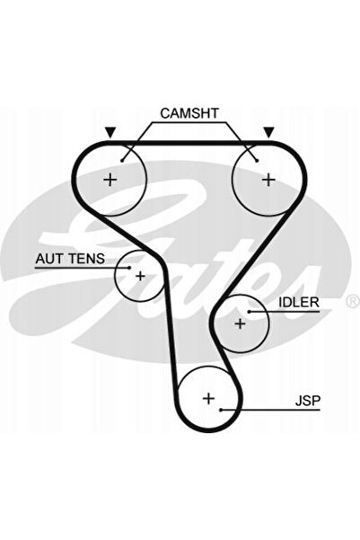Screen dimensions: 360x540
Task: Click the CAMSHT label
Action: pyautogui.click(x=189, y=113)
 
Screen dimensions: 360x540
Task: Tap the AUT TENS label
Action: pyautogui.click(x=70, y=258)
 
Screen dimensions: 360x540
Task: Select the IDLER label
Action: pyautogui.click(x=299, y=302)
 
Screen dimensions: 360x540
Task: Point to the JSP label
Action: pyautogui.click(x=308, y=401)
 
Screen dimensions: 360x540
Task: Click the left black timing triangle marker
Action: pyautogui.click(x=110, y=132)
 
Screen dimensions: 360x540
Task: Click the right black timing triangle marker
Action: pyautogui.click(x=268, y=132)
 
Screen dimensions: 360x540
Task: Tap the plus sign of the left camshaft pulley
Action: pyautogui.click(x=110, y=180)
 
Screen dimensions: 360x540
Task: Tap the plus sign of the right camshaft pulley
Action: pyautogui.click(x=268, y=180)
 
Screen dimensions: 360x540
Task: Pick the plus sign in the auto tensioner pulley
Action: pyautogui.click(x=140, y=276)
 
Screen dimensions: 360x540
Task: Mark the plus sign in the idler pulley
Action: pyautogui.click(x=240, y=323)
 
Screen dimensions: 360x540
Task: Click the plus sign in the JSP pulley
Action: pyautogui.click(x=208, y=398)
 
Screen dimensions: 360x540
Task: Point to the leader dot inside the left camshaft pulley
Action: pyautogui.click(x=122, y=161)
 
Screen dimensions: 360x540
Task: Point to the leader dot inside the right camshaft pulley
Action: pyautogui.click(x=257, y=161)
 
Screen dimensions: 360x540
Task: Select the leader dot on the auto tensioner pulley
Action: pyautogui.click(x=129, y=267)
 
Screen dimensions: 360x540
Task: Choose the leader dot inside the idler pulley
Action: pyautogui.click(x=249, y=312)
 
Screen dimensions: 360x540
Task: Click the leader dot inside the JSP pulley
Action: pyautogui.click(x=221, y=410)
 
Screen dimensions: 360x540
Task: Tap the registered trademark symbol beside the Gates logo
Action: pyautogui.click(x=352, y=301)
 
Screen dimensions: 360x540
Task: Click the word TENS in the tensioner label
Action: pyautogui.click(x=87, y=258)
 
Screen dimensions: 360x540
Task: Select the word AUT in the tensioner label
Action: pyautogui.click(x=50, y=258)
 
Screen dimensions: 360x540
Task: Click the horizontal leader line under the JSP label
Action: pyautogui.click(x=270, y=410)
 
